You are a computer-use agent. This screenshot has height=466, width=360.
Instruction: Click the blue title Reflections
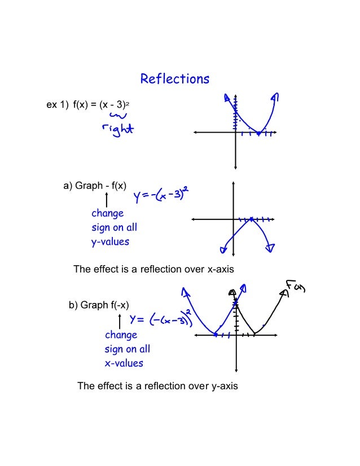[174, 79]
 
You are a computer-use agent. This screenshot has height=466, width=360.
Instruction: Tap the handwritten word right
[118, 129]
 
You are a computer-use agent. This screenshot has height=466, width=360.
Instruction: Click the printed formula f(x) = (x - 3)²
[102, 104]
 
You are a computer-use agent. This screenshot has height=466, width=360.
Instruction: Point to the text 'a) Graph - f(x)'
[95, 186]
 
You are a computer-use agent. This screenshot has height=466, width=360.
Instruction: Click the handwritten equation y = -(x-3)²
[161, 197]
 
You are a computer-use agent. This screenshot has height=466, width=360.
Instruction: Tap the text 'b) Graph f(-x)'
[99, 305]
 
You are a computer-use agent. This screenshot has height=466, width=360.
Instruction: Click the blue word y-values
[110, 241]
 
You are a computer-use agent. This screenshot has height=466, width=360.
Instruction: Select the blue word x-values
[124, 363]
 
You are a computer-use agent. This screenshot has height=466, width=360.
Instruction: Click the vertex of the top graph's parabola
[258, 133]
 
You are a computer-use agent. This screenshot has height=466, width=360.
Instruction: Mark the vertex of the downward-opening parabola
[251, 219]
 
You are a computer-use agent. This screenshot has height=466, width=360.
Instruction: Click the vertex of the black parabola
[254, 334]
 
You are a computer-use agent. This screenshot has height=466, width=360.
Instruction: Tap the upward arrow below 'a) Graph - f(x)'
[106, 200]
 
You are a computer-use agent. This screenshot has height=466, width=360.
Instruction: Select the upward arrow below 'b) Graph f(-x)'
[119, 322]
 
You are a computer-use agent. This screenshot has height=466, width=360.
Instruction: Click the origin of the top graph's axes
[235, 133]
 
